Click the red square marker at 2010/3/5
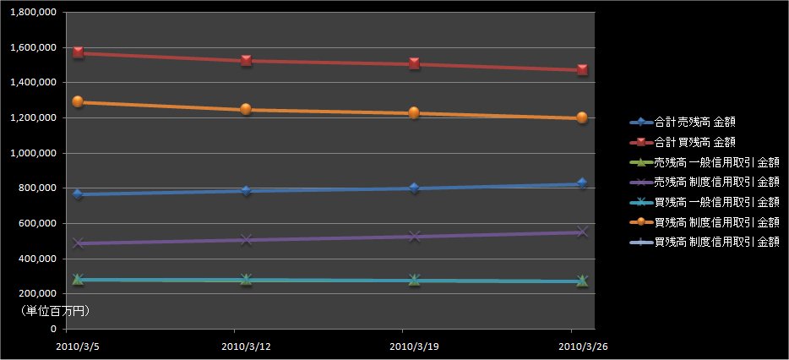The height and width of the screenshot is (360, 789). coord(78,52)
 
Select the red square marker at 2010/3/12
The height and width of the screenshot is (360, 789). coord(246,60)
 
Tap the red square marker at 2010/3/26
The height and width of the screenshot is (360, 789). coord(582,69)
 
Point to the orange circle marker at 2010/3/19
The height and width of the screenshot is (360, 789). coord(414,112)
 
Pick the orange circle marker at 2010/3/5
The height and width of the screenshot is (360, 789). coord(78,101)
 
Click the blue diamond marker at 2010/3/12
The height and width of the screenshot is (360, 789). coord(246,191)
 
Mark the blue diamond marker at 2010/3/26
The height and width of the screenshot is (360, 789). coord(582,183)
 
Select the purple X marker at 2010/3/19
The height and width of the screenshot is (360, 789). coord(414,237)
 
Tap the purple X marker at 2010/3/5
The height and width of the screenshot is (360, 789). coord(78,243)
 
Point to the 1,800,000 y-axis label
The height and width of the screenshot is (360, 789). coord(30,13)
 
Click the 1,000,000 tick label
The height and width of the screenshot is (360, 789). coord(30,153)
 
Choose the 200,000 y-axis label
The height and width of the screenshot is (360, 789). coord(34,293)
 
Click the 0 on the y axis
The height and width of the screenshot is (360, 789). coord(53,329)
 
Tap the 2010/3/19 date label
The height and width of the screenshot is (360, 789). coord(414,346)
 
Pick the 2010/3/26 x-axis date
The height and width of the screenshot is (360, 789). coord(581,346)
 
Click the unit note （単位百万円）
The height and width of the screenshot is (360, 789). coord(55,311)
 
